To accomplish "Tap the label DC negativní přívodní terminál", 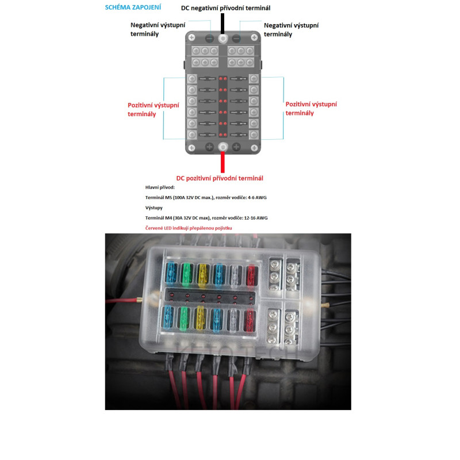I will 225,8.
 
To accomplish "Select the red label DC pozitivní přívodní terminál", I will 220,178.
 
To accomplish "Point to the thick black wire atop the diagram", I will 223,22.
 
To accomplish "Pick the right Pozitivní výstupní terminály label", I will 310,109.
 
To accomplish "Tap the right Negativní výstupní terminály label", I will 291,30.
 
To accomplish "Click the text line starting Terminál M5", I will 206,197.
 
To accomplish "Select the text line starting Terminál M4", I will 206,218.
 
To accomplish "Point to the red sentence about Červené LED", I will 189,229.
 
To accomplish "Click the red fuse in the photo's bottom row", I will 248,320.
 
